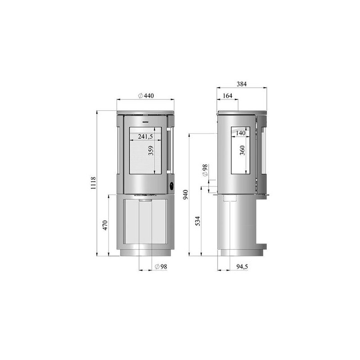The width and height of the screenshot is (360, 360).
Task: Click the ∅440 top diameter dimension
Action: tap(146, 95)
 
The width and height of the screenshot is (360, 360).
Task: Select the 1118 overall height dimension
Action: tap(94, 183)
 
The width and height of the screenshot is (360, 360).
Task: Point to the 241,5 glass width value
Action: tap(145, 136)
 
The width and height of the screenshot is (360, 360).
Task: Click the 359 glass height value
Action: tap(151, 150)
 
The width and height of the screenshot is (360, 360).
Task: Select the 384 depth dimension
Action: tap(242, 84)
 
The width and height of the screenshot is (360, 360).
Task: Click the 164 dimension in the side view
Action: tap(227, 95)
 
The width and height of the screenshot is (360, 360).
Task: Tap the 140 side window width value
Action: tap(240, 133)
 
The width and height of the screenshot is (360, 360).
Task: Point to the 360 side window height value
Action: tap(243, 150)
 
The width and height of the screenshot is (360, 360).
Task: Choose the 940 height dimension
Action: tap(185, 194)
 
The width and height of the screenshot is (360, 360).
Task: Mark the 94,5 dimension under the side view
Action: tap(242, 267)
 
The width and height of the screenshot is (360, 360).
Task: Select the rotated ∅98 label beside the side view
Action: tap(205, 170)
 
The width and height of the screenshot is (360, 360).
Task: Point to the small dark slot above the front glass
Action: tap(145, 121)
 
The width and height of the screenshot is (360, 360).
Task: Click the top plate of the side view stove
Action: tap(242, 112)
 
